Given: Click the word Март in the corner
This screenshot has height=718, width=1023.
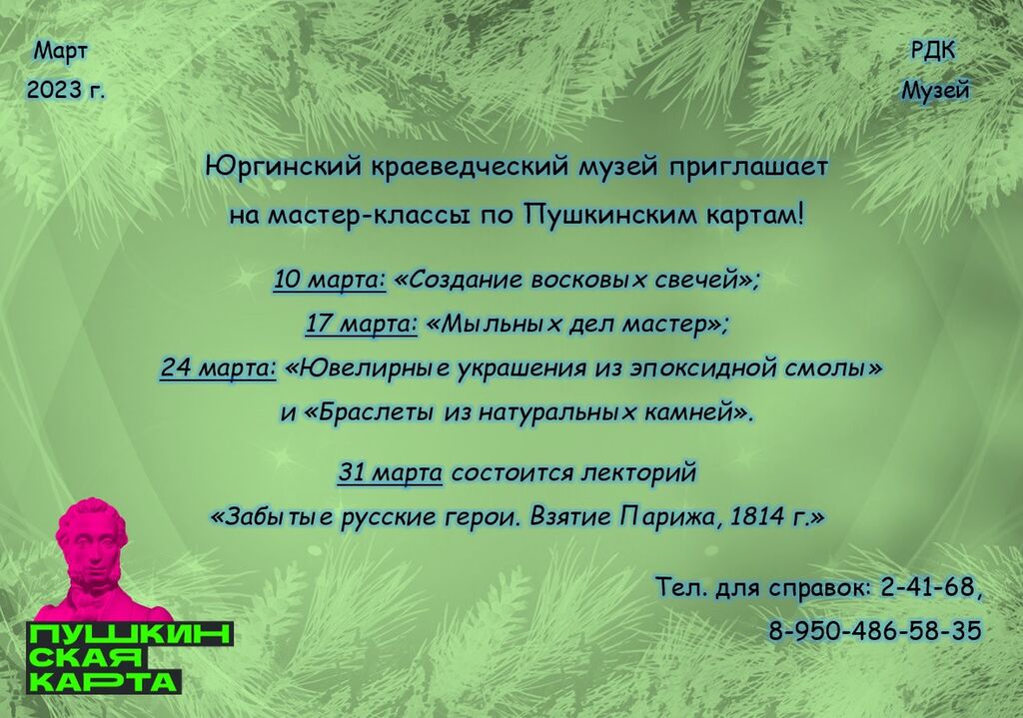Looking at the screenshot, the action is pyautogui.click(x=61, y=51).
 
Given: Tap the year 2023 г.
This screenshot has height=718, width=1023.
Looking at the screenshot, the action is pyautogui.click(x=65, y=90).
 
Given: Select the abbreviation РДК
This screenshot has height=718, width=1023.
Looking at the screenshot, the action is pyautogui.click(x=933, y=51).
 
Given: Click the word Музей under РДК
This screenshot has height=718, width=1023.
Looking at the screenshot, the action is pyautogui.click(x=935, y=91).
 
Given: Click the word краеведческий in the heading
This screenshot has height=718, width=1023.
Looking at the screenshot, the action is pyautogui.click(x=472, y=168).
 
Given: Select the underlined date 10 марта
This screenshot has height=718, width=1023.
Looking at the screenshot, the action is pyautogui.click(x=330, y=281).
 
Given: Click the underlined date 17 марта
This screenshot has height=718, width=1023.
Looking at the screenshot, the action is pyautogui.click(x=362, y=325).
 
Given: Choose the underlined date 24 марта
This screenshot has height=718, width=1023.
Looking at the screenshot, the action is pyautogui.click(x=219, y=368).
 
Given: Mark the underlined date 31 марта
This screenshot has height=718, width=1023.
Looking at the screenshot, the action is pyautogui.click(x=391, y=472).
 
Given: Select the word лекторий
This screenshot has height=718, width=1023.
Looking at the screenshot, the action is pyautogui.click(x=638, y=472).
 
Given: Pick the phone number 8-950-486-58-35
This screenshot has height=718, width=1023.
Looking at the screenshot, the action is pyautogui.click(x=874, y=630).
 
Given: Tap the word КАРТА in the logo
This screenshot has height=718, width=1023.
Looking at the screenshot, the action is pyautogui.click(x=103, y=681).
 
